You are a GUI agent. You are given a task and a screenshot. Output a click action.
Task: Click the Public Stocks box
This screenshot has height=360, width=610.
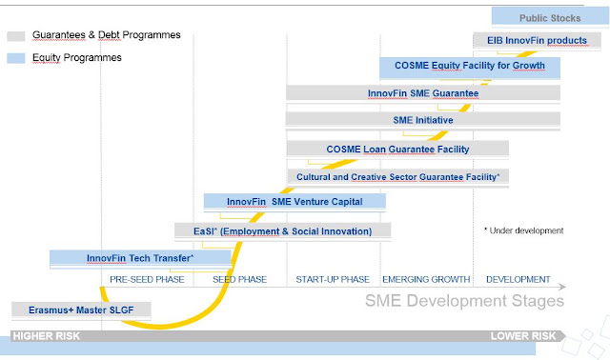pos(550,17)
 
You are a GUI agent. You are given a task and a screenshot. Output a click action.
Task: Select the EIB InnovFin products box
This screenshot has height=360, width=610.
pos(537,40)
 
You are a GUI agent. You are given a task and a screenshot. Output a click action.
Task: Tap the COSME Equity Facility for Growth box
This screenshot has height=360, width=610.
pos(470,67)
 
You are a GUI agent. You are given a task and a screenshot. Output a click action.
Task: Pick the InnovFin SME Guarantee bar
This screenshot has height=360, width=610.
pos(423,93)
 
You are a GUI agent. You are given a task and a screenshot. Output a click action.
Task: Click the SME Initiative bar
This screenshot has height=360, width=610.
pos(423,120)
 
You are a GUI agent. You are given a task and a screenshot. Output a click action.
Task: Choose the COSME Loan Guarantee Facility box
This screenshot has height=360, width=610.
pos(397,149)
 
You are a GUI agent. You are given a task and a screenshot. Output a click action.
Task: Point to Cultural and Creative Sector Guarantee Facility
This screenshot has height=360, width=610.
pos(398,177)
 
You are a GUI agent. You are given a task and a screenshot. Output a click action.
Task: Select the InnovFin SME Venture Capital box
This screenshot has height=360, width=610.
pos(295,202)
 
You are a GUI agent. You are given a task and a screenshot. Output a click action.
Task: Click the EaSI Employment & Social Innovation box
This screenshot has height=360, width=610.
pos(282,231)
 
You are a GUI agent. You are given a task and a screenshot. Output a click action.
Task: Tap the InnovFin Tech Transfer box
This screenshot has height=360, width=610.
pos(140,258)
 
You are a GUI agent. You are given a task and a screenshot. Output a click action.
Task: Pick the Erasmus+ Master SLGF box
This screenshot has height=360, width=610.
pos(81,310)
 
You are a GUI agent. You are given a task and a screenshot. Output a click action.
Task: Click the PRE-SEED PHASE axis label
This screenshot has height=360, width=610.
pos(147,280)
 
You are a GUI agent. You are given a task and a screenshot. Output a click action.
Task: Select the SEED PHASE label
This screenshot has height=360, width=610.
pos(239,280)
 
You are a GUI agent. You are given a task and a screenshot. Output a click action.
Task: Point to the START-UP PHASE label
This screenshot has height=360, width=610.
pos(333,280)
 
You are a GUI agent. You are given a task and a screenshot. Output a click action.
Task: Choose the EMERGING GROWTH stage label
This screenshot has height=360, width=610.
pos(426,280)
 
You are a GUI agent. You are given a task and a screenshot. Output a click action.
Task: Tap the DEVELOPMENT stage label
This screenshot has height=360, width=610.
pos(518,280)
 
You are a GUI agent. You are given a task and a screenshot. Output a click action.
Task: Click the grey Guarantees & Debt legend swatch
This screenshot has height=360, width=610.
pos(16,36)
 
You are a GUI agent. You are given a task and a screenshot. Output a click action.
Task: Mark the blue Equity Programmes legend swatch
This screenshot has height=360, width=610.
pos(16,58)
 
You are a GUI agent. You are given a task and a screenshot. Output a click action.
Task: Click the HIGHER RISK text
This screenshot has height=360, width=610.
pos(47,336)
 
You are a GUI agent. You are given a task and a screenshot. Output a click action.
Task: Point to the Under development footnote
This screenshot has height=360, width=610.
pos(523,230)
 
